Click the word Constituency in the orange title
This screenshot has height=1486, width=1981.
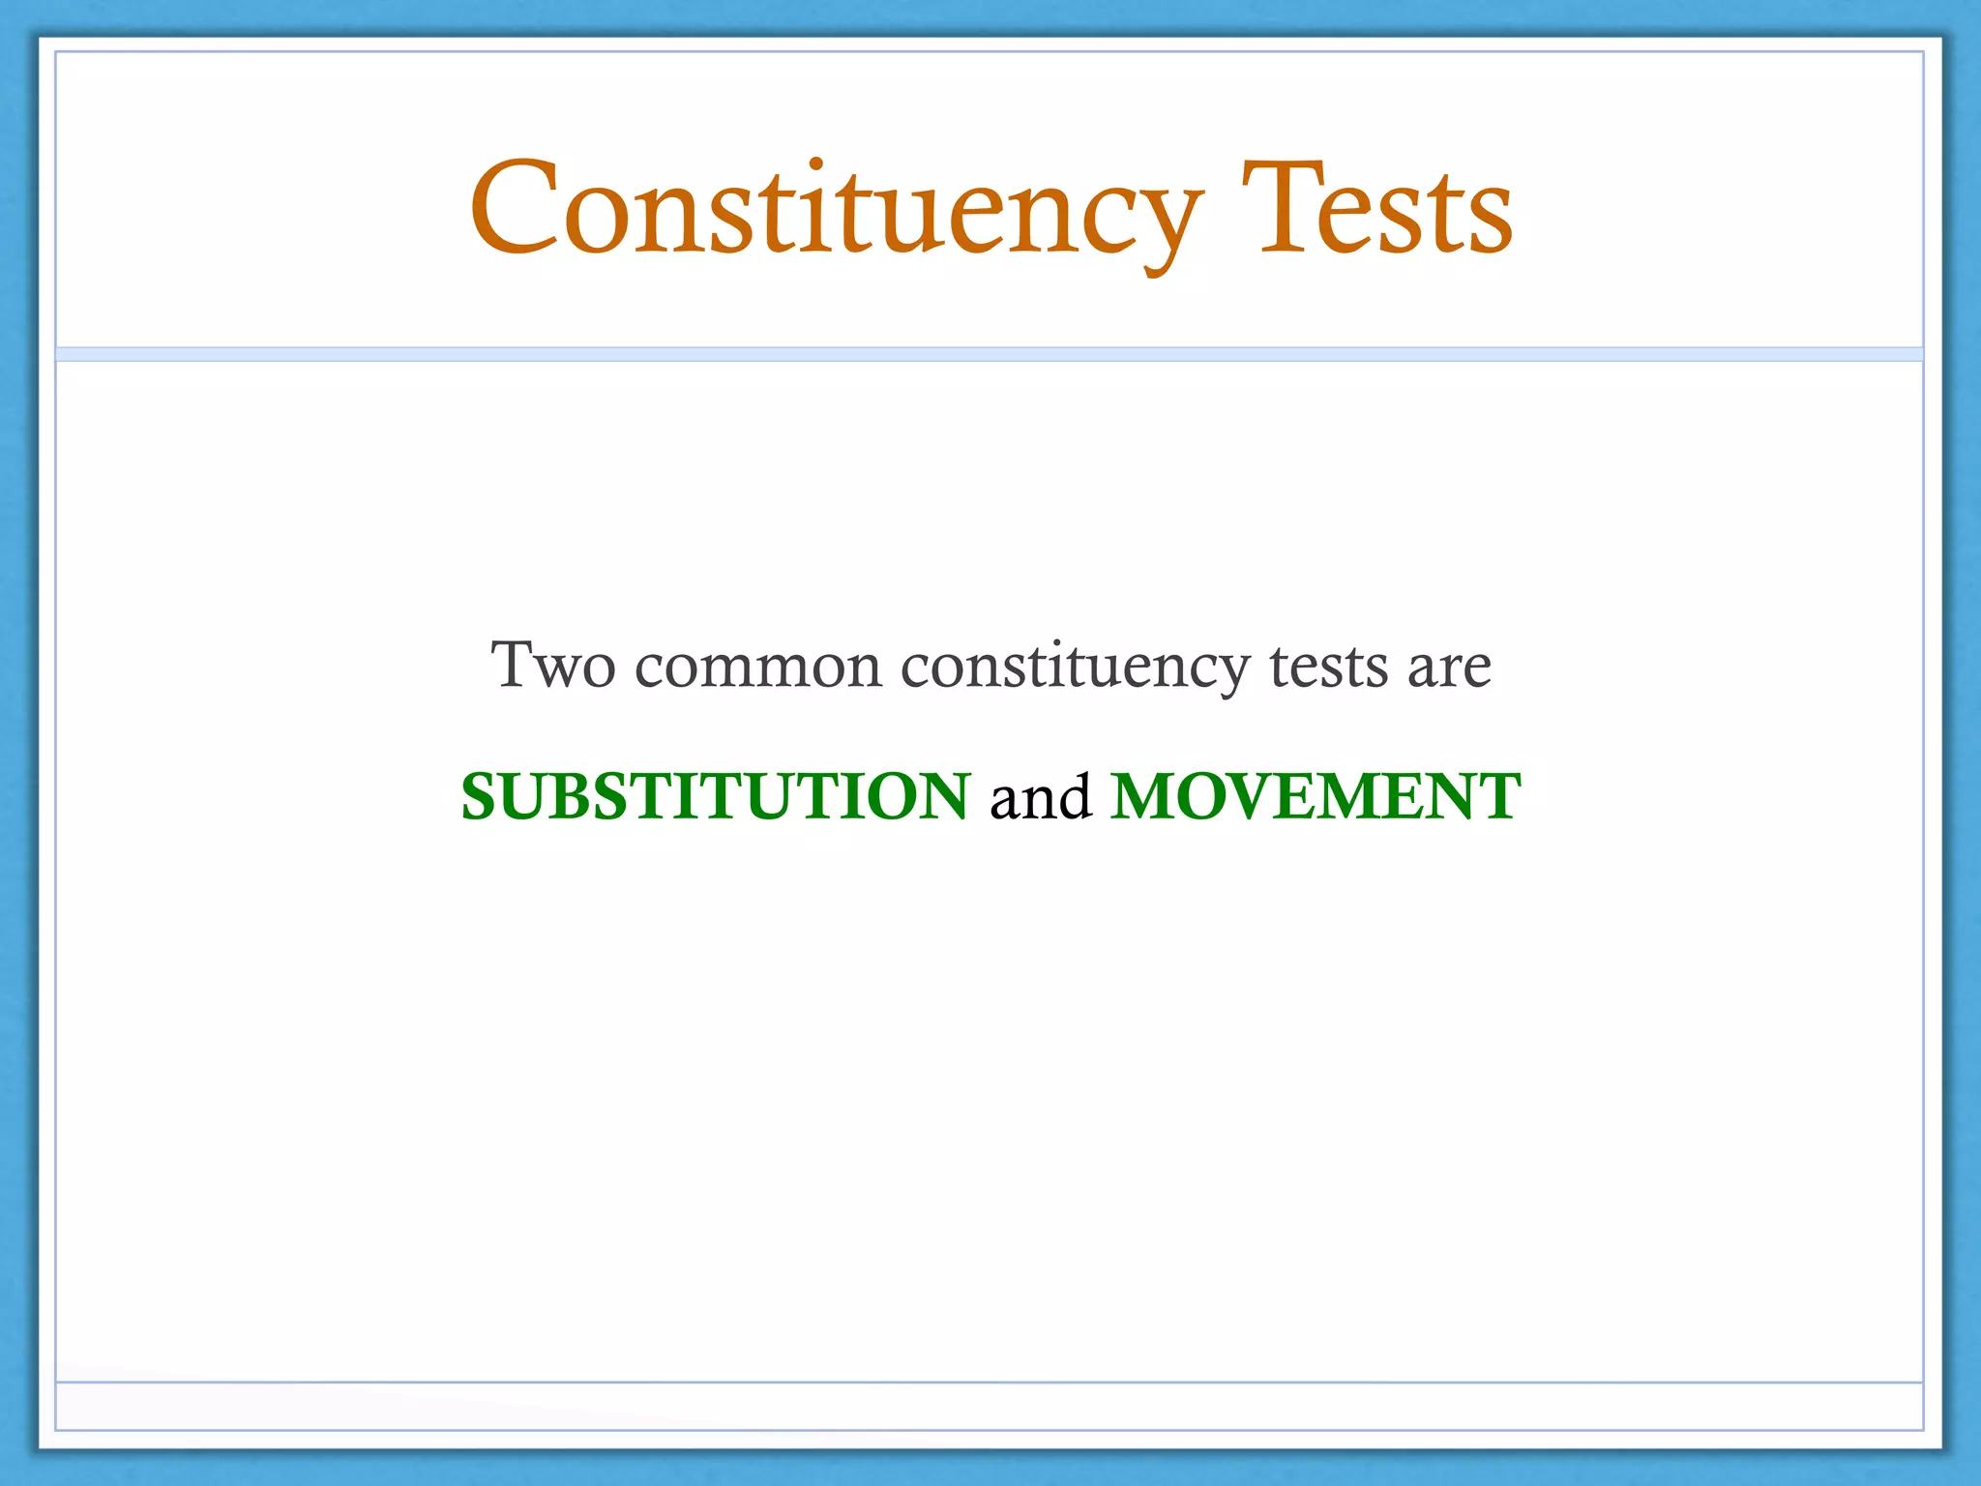837,209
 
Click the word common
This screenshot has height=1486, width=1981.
758,668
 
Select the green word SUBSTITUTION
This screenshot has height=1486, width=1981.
715,796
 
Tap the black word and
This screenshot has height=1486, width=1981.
1040,796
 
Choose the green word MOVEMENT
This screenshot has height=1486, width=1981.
1316,796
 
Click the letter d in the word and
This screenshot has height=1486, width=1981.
1073,796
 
